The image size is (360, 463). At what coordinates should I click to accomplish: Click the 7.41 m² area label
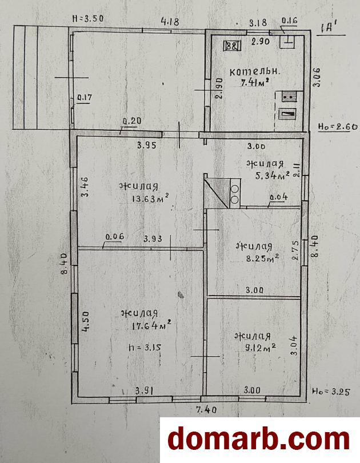point(255,82)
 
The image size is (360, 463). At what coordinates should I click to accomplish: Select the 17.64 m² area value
point(150,325)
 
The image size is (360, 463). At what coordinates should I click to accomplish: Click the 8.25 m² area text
point(262,258)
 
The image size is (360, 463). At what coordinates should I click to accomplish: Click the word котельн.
point(255,71)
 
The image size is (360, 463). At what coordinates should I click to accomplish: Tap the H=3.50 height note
point(88,18)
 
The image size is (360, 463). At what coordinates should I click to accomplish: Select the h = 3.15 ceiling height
point(145,348)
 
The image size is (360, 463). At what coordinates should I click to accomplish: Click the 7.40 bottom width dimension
point(206,409)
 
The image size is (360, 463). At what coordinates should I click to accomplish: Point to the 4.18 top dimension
point(170,22)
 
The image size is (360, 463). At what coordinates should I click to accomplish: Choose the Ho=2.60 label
point(338,127)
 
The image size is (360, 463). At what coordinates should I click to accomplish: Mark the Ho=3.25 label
point(331,392)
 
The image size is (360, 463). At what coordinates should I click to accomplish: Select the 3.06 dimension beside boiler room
point(317,77)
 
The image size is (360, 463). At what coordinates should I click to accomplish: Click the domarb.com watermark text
point(258,440)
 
